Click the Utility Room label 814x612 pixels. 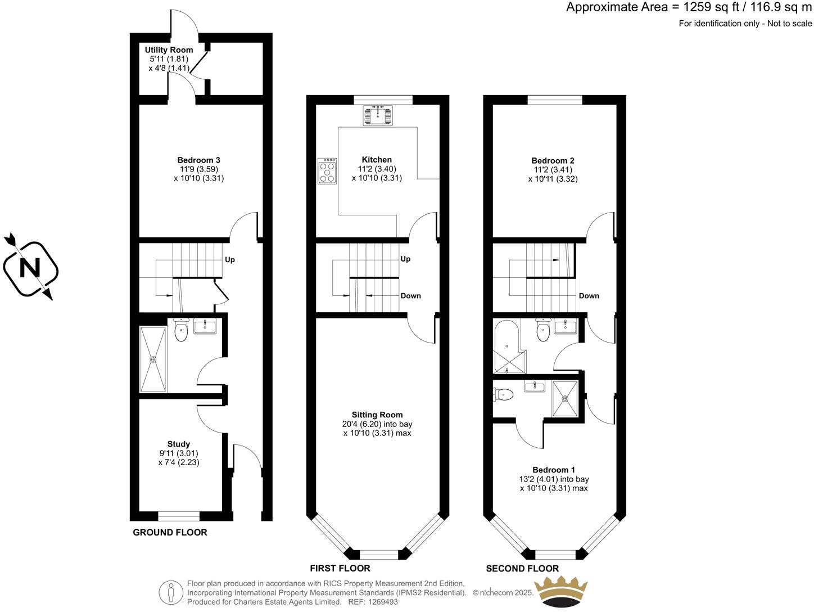pyautogui.click(x=169, y=50)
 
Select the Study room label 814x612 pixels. pyautogui.click(x=179, y=444)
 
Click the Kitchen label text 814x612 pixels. pyautogui.click(x=377, y=160)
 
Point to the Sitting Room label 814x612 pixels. pyautogui.click(x=377, y=415)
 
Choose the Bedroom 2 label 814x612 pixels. pyautogui.click(x=553, y=161)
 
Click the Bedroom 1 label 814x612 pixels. pyautogui.click(x=554, y=470)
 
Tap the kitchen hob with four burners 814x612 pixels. pyautogui.click(x=327, y=171)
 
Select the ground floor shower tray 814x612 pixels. pyautogui.click(x=153, y=359)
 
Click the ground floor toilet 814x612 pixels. pyautogui.click(x=180, y=330)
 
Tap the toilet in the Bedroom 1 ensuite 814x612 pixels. pyautogui.click(x=504, y=395)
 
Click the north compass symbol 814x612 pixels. pyautogui.click(x=31, y=268)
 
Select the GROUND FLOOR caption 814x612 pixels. pyautogui.click(x=170, y=532)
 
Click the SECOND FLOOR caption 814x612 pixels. pyautogui.click(x=522, y=568)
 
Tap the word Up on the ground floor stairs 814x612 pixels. pyautogui.click(x=230, y=260)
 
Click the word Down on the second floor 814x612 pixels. pyautogui.click(x=589, y=296)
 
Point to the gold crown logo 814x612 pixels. pyautogui.click(x=560, y=592)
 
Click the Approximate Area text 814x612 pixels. pyautogui.click(x=689, y=7)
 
